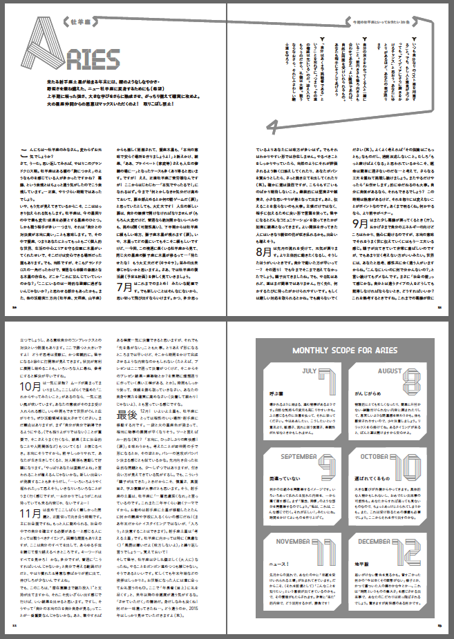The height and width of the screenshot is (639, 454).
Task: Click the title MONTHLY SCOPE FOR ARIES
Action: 339,351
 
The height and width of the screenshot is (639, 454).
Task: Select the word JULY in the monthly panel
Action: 291,371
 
